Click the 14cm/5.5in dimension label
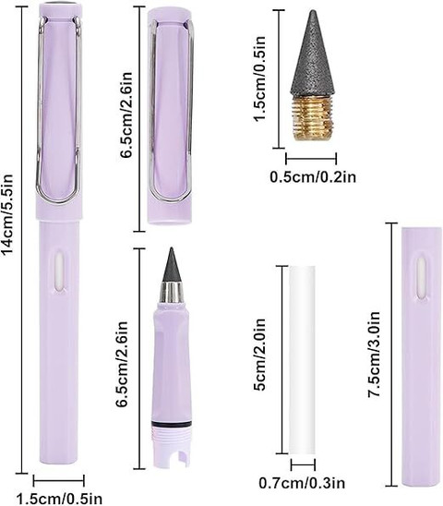pyautogui.click(x=7, y=214)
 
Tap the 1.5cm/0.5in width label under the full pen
pyautogui.click(x=59, y=499)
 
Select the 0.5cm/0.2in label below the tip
pyautogui.click(x=313, y=177)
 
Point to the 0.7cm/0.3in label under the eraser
pyautogui.click(x=302, y=483)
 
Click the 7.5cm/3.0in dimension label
pyautogui.click(x=375, y=354)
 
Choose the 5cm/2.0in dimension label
pyautogui.click(x=259, y=355)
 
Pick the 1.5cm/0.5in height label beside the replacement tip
pyautogui.click(x=259, y=78)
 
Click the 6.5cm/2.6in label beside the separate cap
pyautogui.click(x=126, y=114)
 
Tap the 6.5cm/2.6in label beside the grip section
pyautogui.click(x=124, y=365)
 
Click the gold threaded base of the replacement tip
pyautogui.click(x=313, y=118)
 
